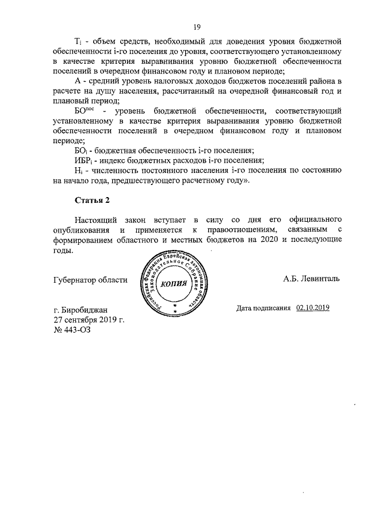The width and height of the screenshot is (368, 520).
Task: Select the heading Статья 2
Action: pos(93,200)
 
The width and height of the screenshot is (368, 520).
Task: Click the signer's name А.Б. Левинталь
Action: pos(311,279)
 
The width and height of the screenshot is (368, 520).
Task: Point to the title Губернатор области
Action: pos(90,279)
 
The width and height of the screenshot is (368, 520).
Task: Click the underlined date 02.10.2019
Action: pos(313,308)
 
